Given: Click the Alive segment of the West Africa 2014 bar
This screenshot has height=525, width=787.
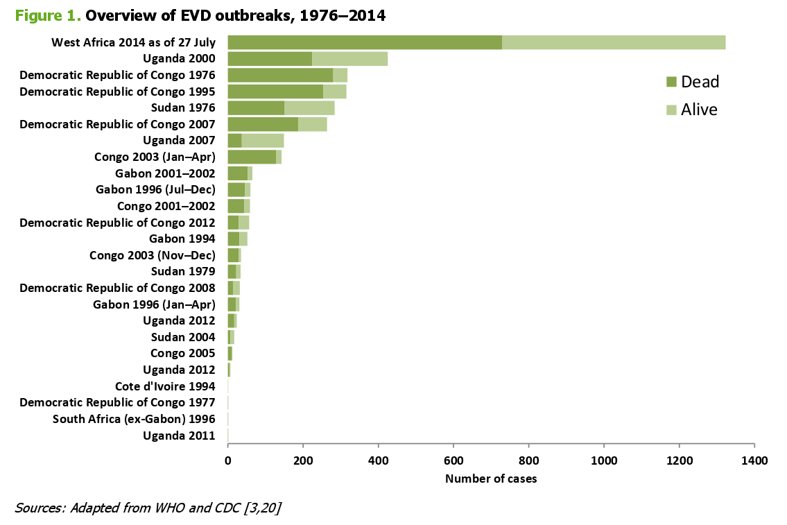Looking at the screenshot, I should pos(614,42).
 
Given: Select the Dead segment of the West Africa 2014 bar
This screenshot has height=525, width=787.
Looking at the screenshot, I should pos(365,42).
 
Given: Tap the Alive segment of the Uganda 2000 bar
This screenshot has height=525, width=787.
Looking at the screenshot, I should pos(349,59).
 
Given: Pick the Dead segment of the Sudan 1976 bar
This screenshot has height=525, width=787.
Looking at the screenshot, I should pos(256,107).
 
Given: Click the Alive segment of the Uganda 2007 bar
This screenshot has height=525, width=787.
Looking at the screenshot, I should pos(262,141).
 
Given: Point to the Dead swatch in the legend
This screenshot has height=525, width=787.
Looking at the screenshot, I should pos(671,83).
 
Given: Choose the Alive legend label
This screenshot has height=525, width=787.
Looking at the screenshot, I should pos(699,110).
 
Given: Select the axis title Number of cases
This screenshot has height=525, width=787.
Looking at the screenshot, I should pos(491,479).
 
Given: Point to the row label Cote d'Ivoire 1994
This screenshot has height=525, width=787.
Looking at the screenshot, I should pos(165,386).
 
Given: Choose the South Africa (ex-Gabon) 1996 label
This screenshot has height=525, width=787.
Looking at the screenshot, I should pos(134,419).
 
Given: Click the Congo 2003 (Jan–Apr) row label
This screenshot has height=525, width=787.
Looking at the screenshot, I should pos(155,157).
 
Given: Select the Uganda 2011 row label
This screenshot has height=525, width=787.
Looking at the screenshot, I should pos(179,436).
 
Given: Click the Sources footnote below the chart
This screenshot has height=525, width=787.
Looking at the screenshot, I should pos(148,508).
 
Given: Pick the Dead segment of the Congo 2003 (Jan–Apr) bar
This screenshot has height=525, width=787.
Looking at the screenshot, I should pos(252,157).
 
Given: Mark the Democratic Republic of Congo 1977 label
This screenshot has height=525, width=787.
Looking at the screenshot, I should pos(117,402).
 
